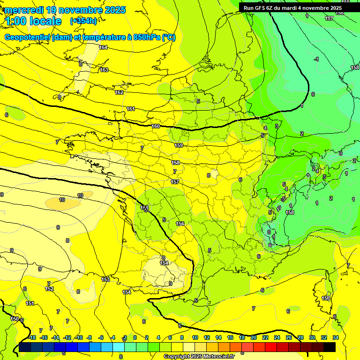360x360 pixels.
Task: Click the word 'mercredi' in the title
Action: pos(23,10)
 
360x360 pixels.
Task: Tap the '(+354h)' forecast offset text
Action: pos(83,21)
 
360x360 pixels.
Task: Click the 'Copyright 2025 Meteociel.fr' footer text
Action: pos(199,357)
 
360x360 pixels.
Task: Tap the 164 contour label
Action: pos(103,47)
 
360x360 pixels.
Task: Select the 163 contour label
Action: pos(104,70)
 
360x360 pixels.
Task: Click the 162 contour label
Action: pos(119,92)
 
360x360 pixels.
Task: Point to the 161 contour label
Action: pos(131,109)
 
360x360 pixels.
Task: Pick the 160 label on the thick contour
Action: pos(156,127)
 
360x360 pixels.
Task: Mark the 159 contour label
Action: pos(179,145)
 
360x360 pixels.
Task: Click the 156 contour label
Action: pos(180,224)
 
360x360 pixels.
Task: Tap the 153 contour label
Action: pos(105,279)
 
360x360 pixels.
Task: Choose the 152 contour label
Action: pos(49,289)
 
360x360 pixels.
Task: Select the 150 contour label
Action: pos(15,319)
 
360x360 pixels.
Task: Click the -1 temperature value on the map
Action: pos(316,59)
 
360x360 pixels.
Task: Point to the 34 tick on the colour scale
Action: pos(335,337)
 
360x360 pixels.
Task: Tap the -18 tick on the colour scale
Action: pos(32,337)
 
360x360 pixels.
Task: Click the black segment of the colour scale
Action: pos(329,347)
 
